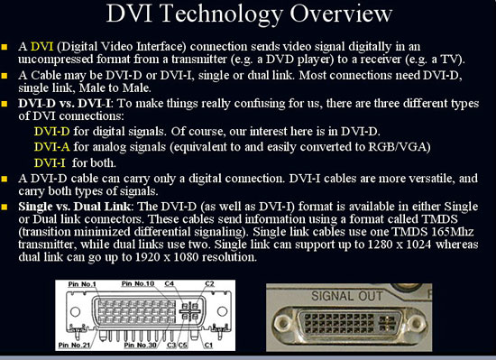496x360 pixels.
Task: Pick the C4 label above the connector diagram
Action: tap(169, 283)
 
